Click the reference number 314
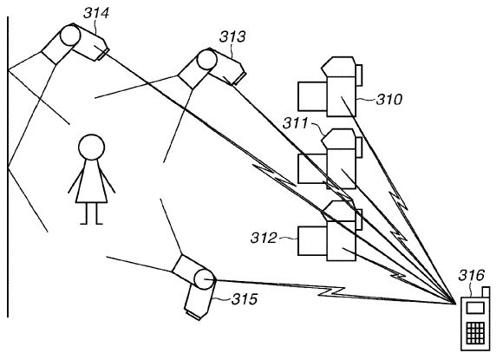96,13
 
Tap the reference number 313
232,36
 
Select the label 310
389,100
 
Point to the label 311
295,123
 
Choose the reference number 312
264,238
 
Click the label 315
245,299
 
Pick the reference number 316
471,275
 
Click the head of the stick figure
91,147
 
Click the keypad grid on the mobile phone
475,333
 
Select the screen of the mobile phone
475,308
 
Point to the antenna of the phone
486,292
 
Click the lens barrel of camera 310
312,96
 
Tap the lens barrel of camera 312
312,241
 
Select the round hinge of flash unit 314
70,36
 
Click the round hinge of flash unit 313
207,60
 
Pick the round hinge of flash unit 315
205,279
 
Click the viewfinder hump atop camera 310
338,67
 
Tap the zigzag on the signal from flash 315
332,291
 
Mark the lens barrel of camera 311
312,168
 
